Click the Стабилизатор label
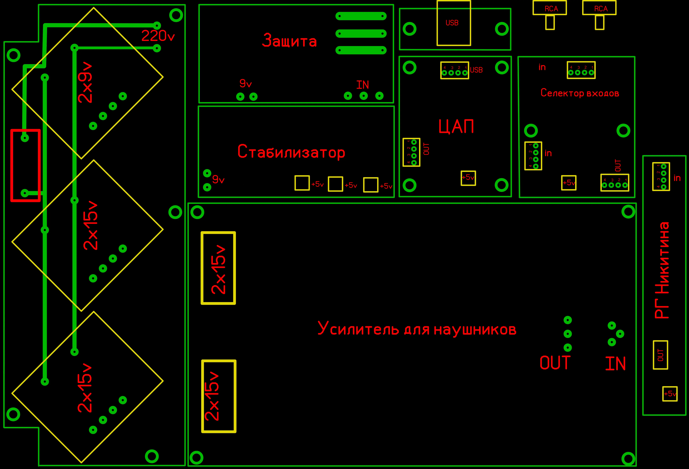tap(291, 152)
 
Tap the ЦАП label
tap(456, 126)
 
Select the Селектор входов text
tap(580, 93)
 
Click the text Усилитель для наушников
tap(417, 328)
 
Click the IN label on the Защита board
tap(363, 85)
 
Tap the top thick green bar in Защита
tap(361, 16)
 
